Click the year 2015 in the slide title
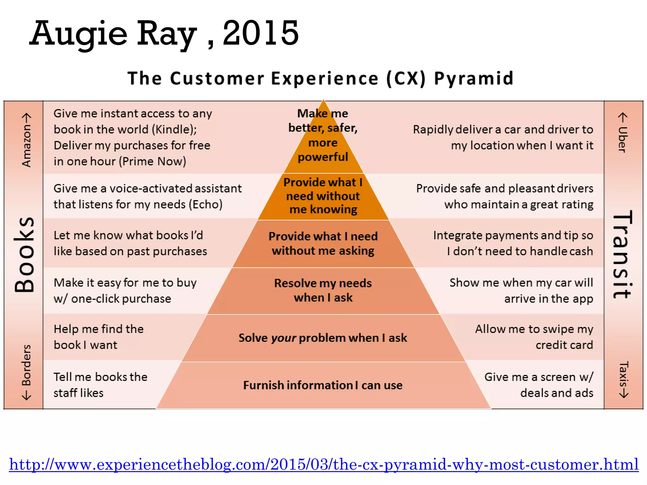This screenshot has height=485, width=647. (x=261, y=33)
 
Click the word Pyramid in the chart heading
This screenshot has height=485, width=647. (x=474, y=79)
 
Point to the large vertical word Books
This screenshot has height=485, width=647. (x=24, y=254)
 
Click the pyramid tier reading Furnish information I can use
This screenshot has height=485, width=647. (x=323, y=385)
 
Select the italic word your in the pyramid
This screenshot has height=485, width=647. (x=283, y=338)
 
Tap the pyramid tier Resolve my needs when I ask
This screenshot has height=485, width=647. (x=323, y=290)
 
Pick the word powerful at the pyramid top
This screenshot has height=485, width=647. (x=323, y=157)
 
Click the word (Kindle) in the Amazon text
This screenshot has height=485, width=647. (x=174, y=129)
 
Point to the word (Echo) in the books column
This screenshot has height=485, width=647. (x=206, y=205)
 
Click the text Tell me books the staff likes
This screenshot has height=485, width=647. (x=100, y=385)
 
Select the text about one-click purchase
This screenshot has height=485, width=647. (x=125, y=290)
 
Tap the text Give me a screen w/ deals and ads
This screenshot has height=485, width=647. (x=539, y=385)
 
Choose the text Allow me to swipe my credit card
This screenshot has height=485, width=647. (x=534, y=337)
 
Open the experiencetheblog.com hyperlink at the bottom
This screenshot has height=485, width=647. (x=323, y=464)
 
